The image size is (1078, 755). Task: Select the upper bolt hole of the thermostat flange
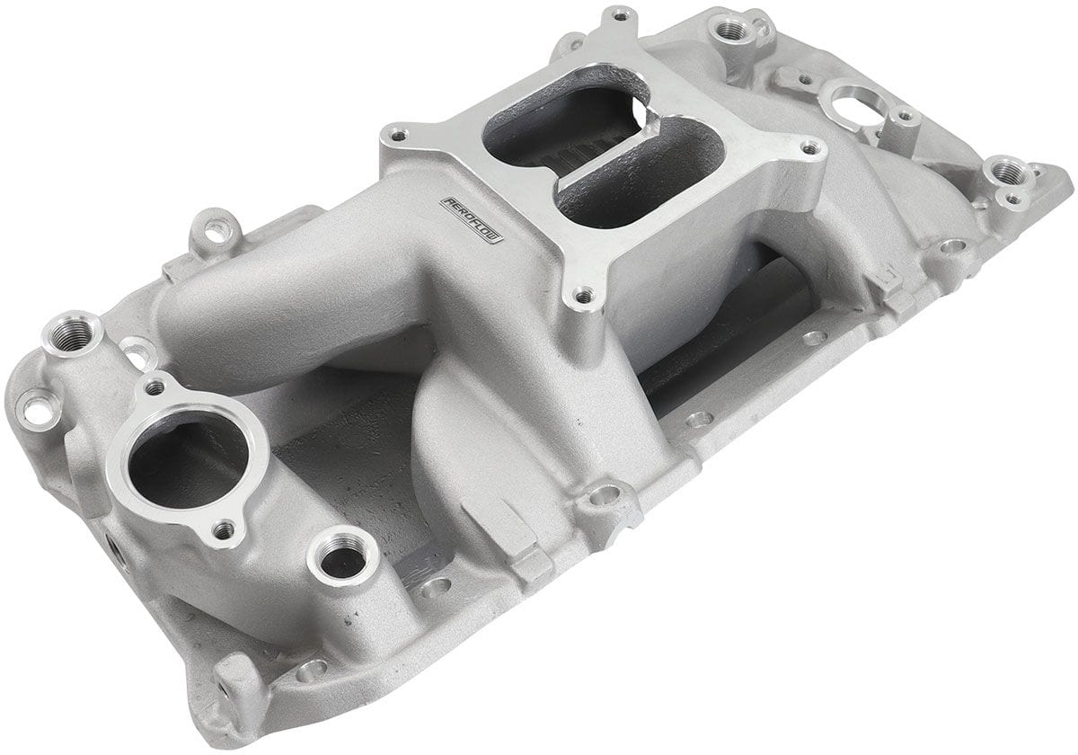tap(155, 388)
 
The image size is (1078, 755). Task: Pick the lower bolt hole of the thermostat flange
tap(223, 531)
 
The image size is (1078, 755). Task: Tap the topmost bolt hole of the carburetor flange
tap(618, 16)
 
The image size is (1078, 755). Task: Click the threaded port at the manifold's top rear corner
tap(732, 30)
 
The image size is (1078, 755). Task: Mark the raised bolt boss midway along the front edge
tap(605, 494)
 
